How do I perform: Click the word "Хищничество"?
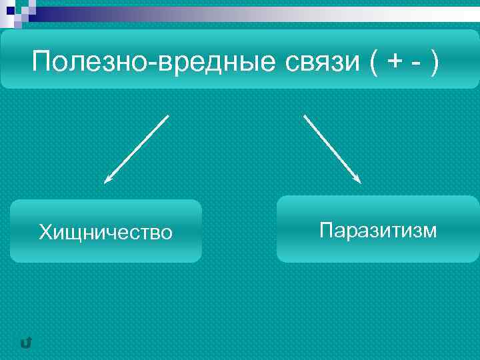[105, 232]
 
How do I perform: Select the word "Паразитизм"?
[378, 231]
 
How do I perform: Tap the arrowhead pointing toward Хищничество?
[107, 179]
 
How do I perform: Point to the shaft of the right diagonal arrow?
[331, 147]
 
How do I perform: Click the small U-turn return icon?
[26, 343]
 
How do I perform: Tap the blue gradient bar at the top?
[253, 14]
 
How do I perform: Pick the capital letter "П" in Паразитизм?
[325, 231]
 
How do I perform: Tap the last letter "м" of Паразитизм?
[431, 231]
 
